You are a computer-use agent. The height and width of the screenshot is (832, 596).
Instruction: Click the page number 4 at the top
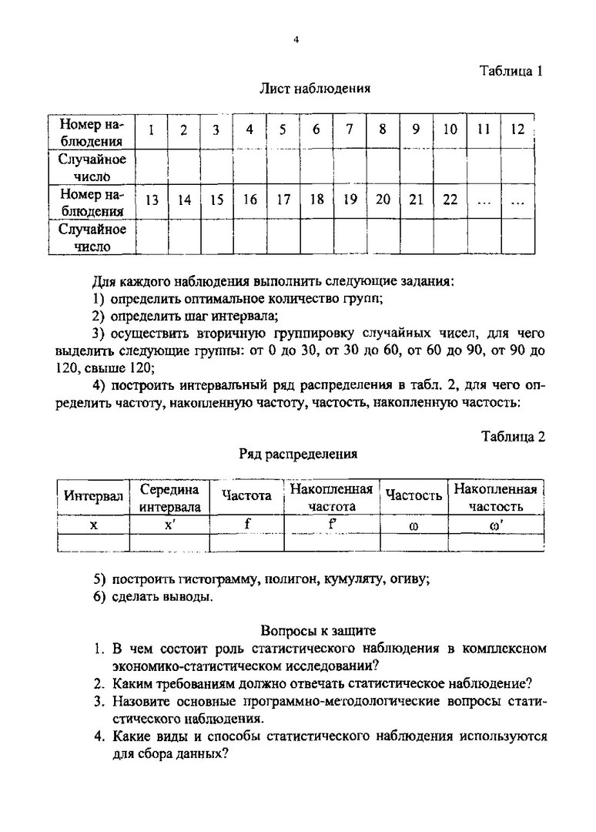point(296,41)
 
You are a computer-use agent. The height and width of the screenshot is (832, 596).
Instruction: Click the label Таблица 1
point(512,71)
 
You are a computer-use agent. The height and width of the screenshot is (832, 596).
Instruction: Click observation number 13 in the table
point(152,200)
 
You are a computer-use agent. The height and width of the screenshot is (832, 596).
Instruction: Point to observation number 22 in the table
point(450,200)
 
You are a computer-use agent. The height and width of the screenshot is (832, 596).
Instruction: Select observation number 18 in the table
point(316,200)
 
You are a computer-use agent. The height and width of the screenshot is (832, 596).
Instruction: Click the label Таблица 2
point(513,436)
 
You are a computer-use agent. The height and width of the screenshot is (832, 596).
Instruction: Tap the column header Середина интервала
point(169,498)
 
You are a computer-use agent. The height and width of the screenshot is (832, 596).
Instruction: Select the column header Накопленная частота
point(332,498)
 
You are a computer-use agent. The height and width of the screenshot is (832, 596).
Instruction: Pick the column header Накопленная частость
point(496,498)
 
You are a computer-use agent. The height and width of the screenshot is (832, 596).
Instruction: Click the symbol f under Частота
point(246,523)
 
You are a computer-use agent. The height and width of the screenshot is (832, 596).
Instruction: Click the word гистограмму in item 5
point(189,579)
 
